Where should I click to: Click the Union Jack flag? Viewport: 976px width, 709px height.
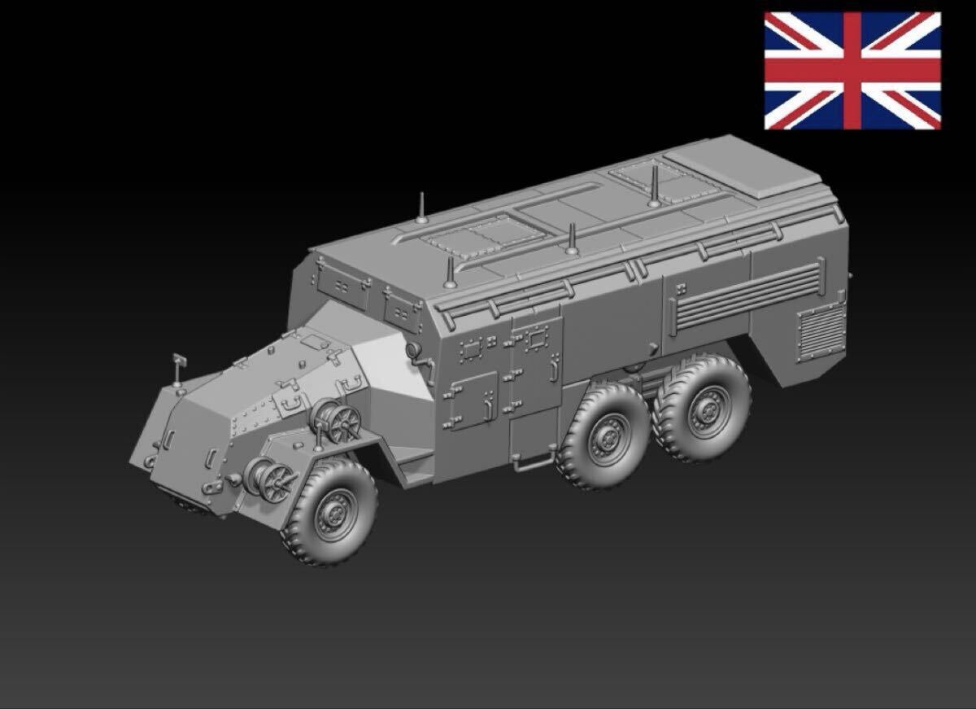(x=852, y=71)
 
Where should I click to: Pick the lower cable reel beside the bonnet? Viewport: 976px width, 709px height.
(x=272, y=476)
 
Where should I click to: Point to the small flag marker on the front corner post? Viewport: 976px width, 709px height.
(x=179, y=362)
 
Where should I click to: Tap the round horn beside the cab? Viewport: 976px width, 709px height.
(x=414, y=349)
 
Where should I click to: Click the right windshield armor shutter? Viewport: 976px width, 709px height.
(x=400, y=304)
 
